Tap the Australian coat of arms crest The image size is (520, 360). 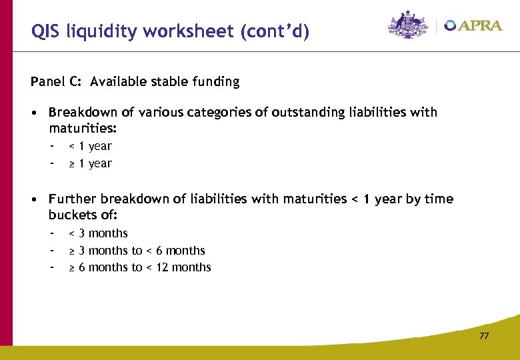click(409, 25)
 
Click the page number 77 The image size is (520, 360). click(484, 336)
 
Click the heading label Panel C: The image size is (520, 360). click(57, 82)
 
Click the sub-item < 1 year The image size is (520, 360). click(91, 146)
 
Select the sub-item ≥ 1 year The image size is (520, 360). click(91, 163)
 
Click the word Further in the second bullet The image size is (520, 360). click(73, 199)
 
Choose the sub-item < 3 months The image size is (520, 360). click(99, 233)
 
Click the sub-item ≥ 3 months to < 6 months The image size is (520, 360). click(137, 251)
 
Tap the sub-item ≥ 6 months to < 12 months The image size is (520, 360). click(140, 267)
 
